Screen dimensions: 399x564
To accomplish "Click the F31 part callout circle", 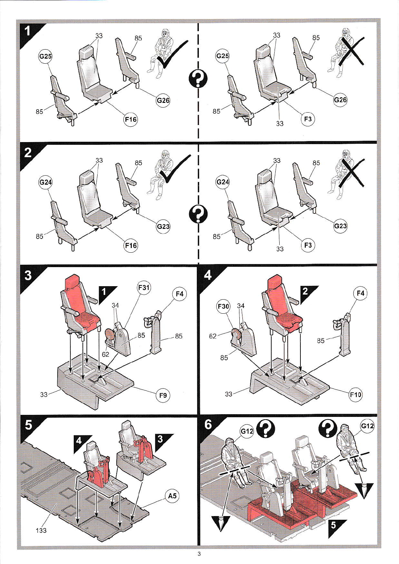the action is pos(144,287).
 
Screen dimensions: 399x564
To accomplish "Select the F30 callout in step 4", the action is pos(223,306).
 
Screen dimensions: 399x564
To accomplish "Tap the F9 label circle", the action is pos(163,395).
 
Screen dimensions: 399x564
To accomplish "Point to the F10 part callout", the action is pos(355,394).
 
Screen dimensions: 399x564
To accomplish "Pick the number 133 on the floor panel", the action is pos(41,530).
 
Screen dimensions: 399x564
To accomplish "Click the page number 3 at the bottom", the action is pos(199,554).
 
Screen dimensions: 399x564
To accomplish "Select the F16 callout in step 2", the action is pos(131,245).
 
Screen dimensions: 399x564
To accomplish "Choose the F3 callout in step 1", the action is pos(308,119).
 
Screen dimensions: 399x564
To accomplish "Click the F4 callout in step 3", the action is pos(179,294).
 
